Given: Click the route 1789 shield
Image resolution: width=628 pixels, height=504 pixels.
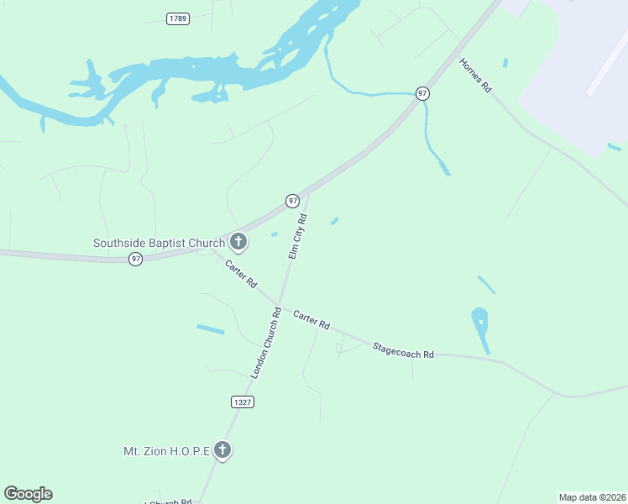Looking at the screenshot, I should (x=177, y=18).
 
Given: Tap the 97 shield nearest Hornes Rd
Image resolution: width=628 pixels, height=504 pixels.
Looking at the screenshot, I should (x=423, y=93).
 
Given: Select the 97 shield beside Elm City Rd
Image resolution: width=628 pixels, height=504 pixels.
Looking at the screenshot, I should (x=292, y=201).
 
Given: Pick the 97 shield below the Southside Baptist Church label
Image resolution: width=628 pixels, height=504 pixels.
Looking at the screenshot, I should (x=136, y=259).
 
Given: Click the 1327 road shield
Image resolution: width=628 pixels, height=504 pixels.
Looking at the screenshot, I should (x=243, y=402).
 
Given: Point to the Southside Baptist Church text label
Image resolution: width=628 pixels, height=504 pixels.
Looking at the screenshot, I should (x=159, y=244).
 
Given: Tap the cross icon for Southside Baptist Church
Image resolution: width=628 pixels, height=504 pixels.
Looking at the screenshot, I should (x=238, y=243).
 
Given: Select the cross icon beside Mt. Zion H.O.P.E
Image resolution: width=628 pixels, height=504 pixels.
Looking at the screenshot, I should (x=222, y=451).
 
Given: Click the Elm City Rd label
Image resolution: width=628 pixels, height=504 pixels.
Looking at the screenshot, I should (x=298, y=236).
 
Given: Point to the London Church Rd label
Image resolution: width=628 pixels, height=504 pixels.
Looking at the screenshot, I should (x=264, y=342).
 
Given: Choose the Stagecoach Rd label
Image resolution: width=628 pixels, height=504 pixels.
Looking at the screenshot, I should (x=403, y=350).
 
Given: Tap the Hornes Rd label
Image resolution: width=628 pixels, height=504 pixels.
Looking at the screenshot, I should (x=475, y=76).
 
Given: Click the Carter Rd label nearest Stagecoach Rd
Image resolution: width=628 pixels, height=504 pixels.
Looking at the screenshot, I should (x=311, y=320).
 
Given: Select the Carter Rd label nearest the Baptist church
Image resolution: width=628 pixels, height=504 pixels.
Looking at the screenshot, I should (x=240, y=275).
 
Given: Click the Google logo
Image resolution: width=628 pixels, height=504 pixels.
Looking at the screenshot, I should (x=28, y=494).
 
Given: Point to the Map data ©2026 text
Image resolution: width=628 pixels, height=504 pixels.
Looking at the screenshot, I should (x=592, y=497).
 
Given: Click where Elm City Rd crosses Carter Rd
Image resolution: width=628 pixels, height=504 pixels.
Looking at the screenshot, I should (x=278, y=304).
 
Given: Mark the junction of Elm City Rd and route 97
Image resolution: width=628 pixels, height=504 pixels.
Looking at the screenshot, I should (x=309, y=193).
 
